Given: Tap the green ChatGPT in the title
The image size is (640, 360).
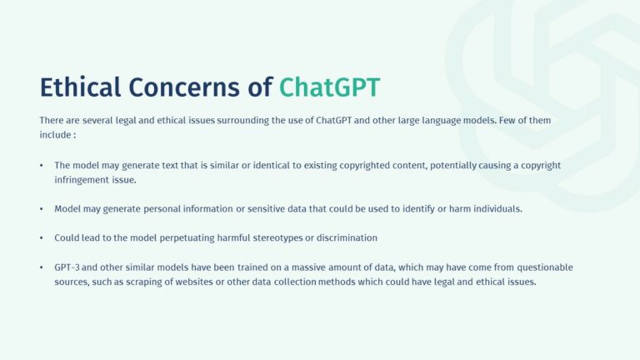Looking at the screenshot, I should [x=330, y=87].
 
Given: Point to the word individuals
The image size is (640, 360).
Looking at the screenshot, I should [x=498, y=208].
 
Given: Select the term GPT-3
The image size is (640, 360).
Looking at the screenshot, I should [x=67, y=267].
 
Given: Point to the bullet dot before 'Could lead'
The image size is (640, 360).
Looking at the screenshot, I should [x=42, y=237].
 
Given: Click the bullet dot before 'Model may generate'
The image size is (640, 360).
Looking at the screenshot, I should [x=42, y=208].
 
